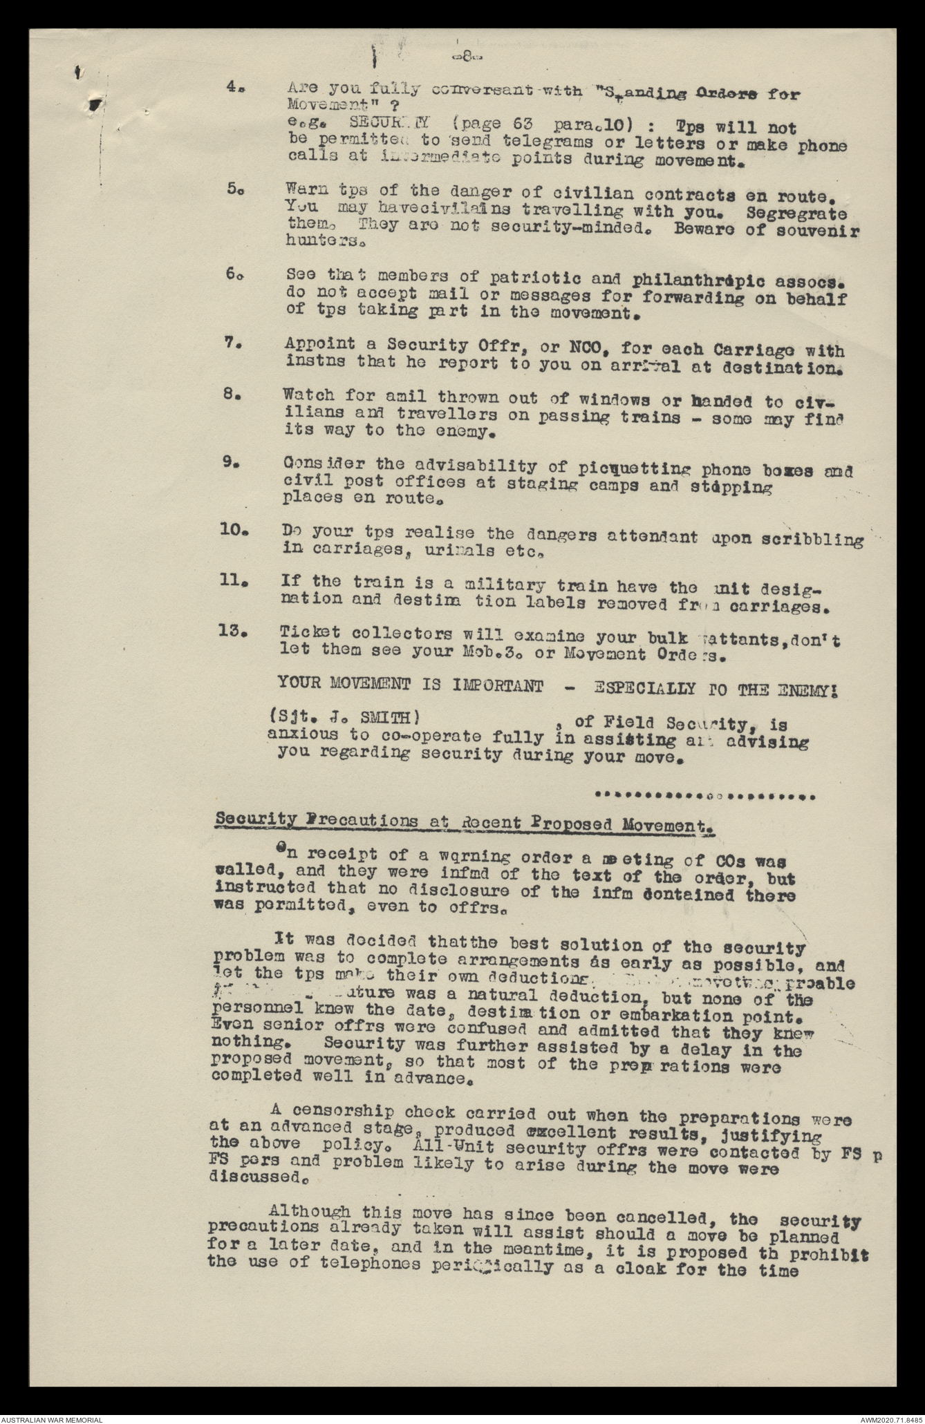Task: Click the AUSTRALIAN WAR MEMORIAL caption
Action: pos(52,1418)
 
